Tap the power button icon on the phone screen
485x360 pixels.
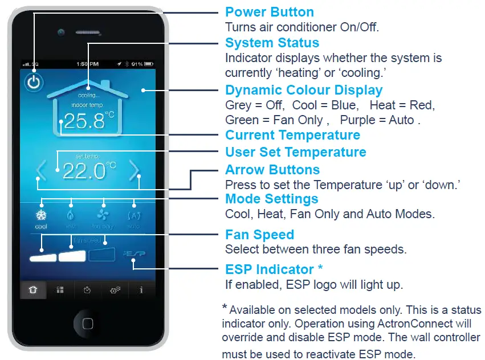click(x=34, y=83)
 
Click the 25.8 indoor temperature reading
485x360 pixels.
click(x=84, y=121)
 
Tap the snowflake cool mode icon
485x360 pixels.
click(x=41, y=216)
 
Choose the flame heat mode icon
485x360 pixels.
click(x=71, y=216)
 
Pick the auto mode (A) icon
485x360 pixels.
click(x=133, y=216)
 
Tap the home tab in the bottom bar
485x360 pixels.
click(x=34, y=290)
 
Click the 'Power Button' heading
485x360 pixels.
click(x=269, y=12)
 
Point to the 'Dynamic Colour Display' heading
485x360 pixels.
click(x=304, y=91)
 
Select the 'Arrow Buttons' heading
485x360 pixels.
click(x=272, y=170)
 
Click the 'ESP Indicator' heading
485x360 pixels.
click(x=273, y=269)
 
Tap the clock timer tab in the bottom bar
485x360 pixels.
click(x=87, y=290)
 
